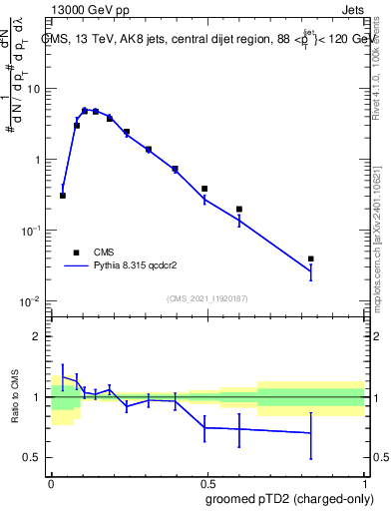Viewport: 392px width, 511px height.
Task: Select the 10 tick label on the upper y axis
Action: (x=34, y=89)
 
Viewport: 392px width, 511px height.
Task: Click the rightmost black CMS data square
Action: (x=311, y=258)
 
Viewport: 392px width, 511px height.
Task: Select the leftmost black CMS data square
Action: (x=63, y=196)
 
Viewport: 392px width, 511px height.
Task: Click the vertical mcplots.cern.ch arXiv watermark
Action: (x=383, y=230)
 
